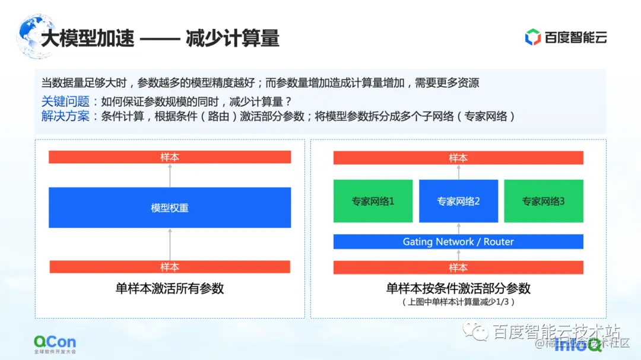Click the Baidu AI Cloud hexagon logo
click(x=532, y=37)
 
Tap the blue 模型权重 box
click(x=170, y=208)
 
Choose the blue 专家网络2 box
click(x=458, y=201)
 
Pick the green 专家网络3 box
click(x=543, y=201)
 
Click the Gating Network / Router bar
click(x=458, y=241)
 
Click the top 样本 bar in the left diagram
click(x=170, y=157)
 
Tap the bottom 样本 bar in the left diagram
click(x=170, y=267)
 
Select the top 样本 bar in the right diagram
click(x=458, y=158)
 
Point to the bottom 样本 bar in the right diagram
click(x=458, y=267)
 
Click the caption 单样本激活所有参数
click(x=170, y=289)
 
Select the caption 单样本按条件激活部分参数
click(x=458, y=289)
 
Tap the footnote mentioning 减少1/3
click(x=458, y=302)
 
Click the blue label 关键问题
click(x=65, y=101)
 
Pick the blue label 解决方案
click(x=65, y=116)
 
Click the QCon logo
click(x=55, y=342)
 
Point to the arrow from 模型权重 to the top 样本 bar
click(x=170, y=176)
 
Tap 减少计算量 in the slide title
click(x=232, y=39)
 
